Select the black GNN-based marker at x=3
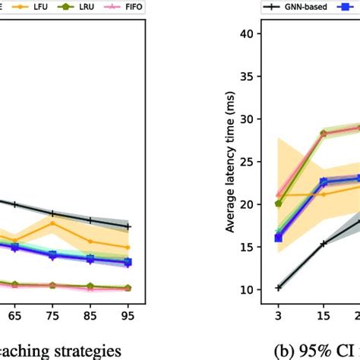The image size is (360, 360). pos(279,288)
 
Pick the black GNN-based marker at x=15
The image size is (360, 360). pos(323,244)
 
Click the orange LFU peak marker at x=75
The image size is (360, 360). pos(52,223)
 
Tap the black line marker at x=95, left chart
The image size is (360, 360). pos(128,226)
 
